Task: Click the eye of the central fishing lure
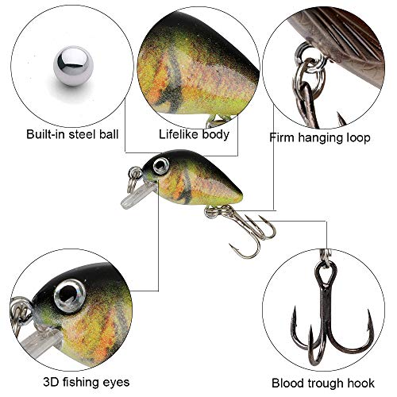point(160,165)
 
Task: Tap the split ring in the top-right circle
point(306,64)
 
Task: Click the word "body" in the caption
point(216,133)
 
